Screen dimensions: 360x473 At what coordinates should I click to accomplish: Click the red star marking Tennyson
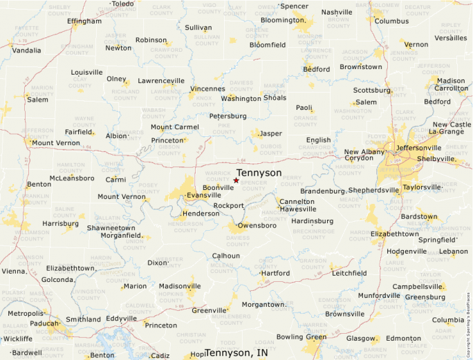[x=236, y=180]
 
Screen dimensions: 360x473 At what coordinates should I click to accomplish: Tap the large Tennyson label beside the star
[x=259, y=173]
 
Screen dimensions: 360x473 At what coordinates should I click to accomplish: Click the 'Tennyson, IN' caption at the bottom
[x=237, y=352]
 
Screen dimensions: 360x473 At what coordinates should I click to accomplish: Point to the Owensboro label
[x=257, y=225]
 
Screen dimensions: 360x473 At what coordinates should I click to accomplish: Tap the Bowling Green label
[x=301, y=337]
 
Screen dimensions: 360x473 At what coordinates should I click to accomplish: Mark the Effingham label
[x=84, y=21]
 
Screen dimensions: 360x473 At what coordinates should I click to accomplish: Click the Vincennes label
[x=207, y=89]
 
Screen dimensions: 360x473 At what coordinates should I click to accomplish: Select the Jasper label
[x=270, y=133]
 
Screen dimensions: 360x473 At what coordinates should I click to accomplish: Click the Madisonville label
[x=180, y=286]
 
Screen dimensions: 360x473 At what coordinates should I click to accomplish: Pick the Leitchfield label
[x=349, y=273]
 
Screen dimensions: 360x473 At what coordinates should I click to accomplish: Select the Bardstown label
[x=419, y=216]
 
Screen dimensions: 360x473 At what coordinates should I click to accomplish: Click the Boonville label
[x=219, y=187]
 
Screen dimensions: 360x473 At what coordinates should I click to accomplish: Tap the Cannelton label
[x=297, y=202]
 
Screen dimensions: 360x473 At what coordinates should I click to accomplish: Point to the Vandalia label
[x=26, y=50]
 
